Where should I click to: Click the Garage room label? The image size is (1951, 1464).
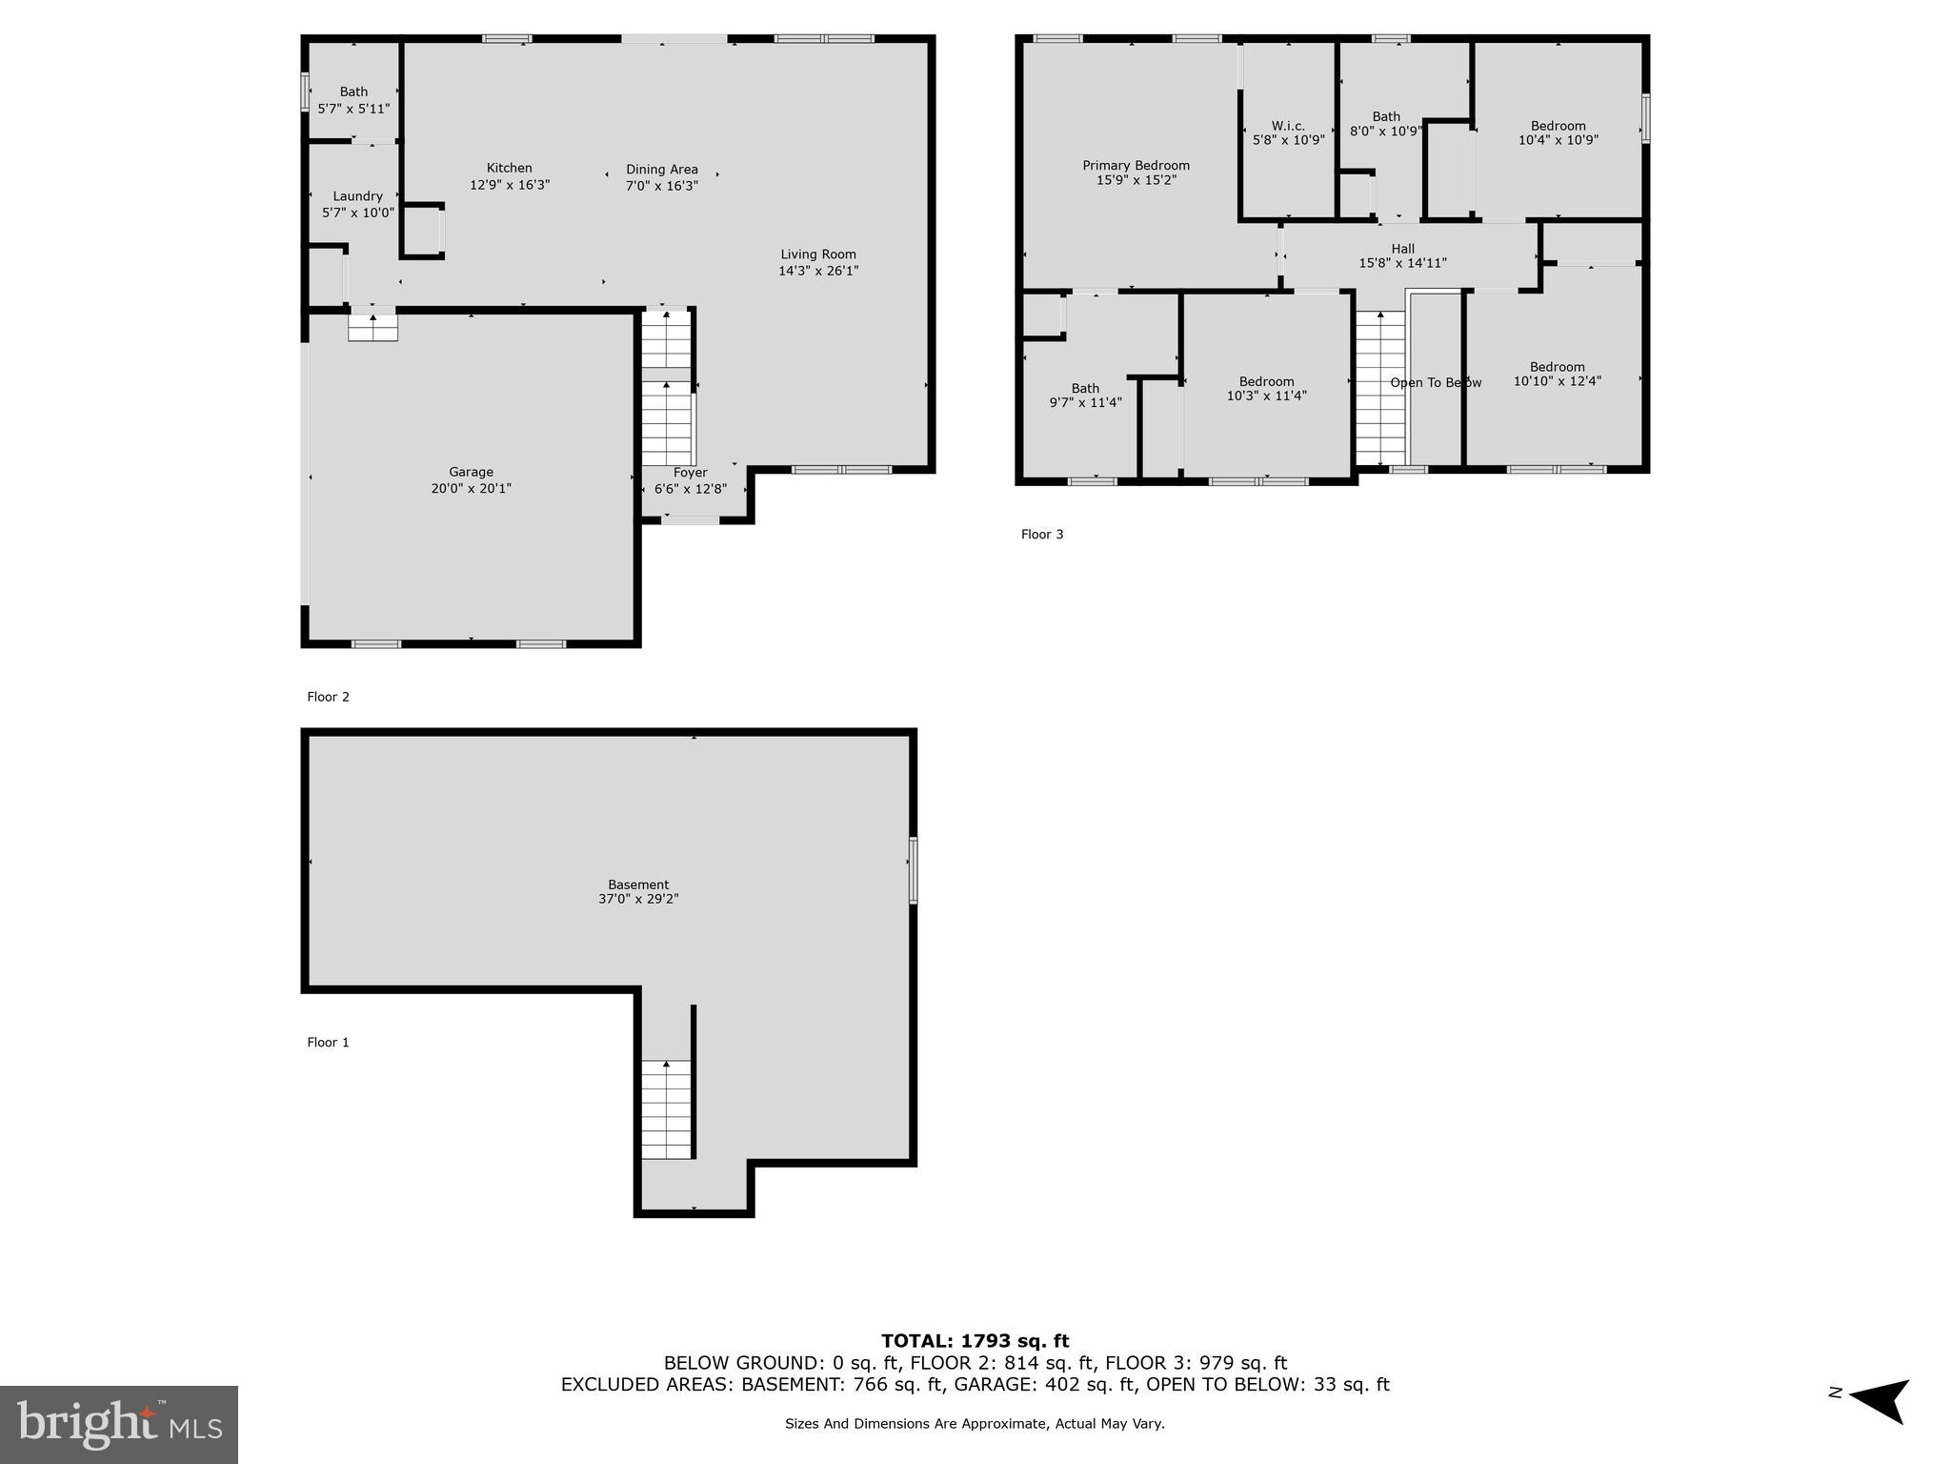pos(471,472)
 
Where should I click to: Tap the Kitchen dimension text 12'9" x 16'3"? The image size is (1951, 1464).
pos(510,185)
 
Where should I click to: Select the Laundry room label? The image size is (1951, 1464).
pos(357,196)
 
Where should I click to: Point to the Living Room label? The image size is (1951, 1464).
pos(818,254)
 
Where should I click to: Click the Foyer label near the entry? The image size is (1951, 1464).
pos(690,473)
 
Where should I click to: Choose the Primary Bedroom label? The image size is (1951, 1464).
pos(1136,166)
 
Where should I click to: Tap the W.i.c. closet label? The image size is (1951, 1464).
pos(1288,126)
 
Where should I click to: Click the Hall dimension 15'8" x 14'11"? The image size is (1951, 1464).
pos(1402,264)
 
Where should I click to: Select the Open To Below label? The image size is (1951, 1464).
pos(1435,383)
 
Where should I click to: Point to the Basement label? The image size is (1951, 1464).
pos(638,884)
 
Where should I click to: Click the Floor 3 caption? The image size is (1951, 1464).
pos(1042,535)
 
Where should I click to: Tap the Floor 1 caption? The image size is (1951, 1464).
pos(328,1043)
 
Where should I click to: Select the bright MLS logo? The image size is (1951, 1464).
pos(119,1425)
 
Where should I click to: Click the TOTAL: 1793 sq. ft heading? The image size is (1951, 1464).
pos(975,1341)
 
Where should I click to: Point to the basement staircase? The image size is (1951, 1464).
pos(665,1109)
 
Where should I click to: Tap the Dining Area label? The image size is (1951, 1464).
pos(661,170)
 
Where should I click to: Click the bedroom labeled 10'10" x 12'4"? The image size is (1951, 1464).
pos(1557,374)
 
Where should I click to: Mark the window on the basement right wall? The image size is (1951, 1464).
pos(913,869)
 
